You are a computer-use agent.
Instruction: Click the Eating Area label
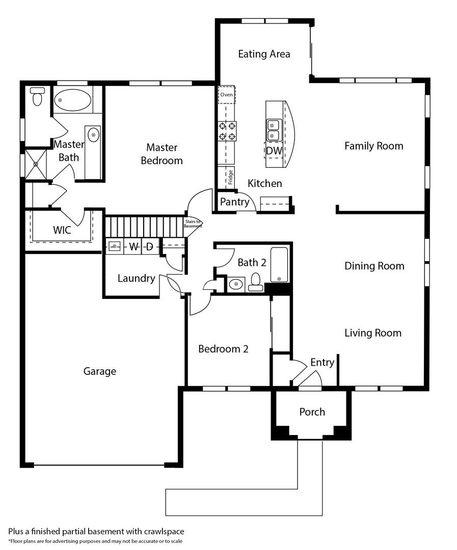point(264,54)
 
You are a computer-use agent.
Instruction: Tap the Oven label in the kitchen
point(227,95)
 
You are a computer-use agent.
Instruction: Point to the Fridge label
point(231,177)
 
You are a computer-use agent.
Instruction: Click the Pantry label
point(234,202)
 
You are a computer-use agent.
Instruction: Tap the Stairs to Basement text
point(193,224)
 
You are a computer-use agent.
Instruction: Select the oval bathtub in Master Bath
point(73,99)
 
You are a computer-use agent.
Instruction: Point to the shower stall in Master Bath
point(36,164)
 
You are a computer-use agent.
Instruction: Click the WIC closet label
point(62,230)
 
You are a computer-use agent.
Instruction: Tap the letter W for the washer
point(133,247)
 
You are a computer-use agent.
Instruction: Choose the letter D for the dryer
point(149,247)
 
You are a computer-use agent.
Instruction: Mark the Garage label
point(100,371)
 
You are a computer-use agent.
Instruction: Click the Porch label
point(312,411)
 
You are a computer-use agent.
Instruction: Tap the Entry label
point(322,362)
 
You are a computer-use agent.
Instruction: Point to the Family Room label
point(373,146)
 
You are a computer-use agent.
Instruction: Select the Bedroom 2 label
point(223,349)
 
